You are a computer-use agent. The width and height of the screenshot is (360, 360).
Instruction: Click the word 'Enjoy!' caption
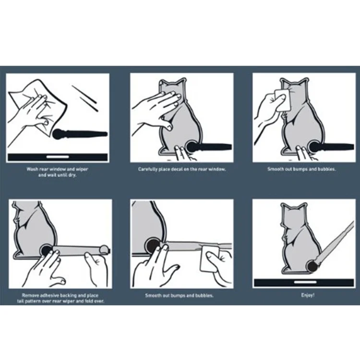[x=308, y=295]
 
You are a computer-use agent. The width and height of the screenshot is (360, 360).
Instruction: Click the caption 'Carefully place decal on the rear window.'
[x=182, y=169]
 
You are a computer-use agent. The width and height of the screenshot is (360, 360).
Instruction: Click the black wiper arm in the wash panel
[x=80, y=134]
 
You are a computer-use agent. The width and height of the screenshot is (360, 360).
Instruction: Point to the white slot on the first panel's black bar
[x=58, y=157]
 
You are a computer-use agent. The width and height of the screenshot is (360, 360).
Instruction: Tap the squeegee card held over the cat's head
[x=282, y=100]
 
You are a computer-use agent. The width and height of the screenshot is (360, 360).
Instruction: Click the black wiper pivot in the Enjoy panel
[x=312, y=267]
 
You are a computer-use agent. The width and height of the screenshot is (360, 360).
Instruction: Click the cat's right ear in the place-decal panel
[x=180, y=82]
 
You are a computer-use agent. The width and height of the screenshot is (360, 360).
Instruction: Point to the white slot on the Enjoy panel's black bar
[x=305, y=282]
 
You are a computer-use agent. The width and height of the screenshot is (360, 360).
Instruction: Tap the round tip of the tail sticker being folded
[x=104, y=250]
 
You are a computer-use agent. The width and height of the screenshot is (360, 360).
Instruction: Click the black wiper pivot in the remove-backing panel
[x=47, y=250]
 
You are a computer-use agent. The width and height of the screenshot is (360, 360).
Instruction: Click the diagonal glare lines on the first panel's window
[x=85, y=98]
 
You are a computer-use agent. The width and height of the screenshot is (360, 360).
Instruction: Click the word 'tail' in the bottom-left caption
[x=21, y=301]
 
